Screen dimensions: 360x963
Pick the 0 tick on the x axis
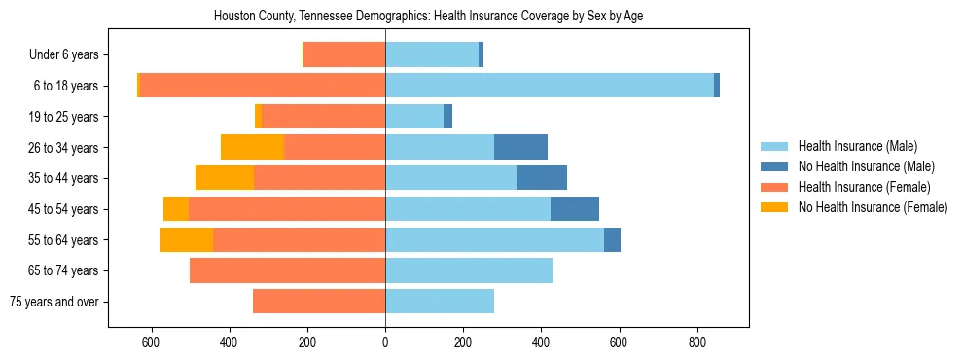385,342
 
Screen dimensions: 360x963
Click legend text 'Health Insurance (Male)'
857,146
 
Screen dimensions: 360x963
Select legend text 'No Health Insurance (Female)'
873,207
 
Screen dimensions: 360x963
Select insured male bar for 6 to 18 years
550,86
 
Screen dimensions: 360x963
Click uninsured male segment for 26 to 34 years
520,147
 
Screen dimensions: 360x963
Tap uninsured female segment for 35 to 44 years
225,178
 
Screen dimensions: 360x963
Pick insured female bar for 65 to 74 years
287,270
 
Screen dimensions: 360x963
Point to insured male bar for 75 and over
440,302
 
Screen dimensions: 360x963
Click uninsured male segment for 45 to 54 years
574,209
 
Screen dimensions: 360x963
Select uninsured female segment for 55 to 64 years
186,239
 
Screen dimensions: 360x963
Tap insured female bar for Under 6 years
344,55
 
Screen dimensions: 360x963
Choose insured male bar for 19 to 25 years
414,117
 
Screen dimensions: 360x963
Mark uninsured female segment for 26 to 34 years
252,147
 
